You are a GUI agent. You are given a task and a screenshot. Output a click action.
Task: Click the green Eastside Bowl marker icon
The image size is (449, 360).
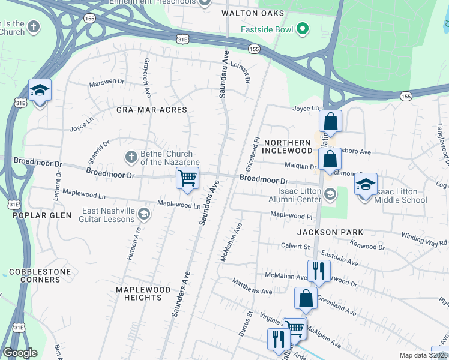304,29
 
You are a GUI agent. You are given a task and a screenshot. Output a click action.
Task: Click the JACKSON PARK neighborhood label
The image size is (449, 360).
330,232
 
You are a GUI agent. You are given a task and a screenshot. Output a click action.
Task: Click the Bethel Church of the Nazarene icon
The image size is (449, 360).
131,157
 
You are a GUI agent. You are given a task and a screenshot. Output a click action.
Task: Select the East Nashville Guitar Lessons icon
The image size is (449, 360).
143,214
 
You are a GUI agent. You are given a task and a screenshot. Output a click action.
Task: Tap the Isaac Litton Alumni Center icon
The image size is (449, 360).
330,193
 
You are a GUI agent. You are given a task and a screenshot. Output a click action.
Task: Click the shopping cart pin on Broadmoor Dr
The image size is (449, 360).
187,178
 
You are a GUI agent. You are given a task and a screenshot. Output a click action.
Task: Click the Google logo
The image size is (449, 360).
20,353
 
